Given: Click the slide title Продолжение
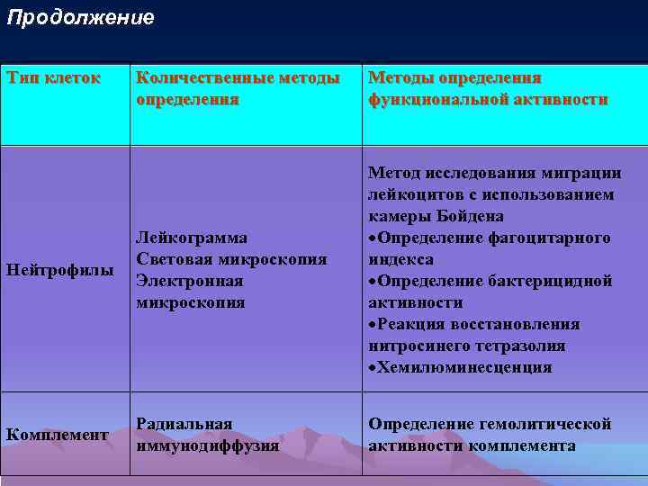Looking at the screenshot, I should [80, 18].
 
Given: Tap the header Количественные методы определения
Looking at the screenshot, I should [238, 88].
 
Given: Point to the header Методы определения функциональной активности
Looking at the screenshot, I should [488, 88].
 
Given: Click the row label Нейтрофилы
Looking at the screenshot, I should [60, 271].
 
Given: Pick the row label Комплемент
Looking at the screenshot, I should [58, 435].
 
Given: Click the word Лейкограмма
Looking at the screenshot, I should [191, 238].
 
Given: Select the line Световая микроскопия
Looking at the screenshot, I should [230, 259].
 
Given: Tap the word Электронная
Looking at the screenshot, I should [190, 281].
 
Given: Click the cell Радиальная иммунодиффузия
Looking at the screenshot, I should [206, 434].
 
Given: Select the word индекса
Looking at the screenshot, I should [400, 259].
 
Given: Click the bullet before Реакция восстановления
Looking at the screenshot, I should [373, 325].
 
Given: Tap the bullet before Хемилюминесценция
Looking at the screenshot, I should [373, 368].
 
